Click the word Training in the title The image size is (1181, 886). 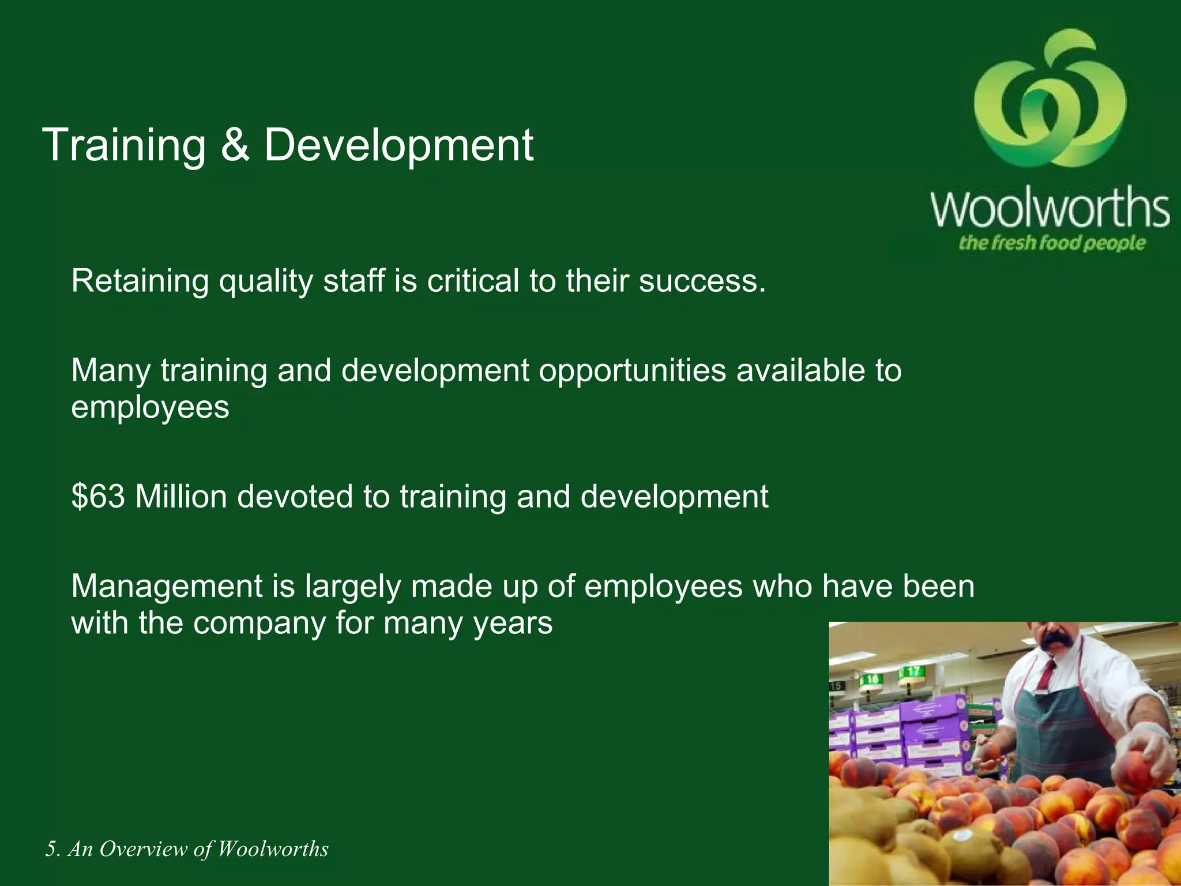pyautogui.click(x=124, y=145)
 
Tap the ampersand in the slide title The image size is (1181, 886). pyautogui.click(x=235, y=145)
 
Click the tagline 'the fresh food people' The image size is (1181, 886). pyautogui.click(x=1051, y=243)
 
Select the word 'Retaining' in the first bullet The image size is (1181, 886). pyautogui.click(x=140, y=281)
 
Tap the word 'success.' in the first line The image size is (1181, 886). pyautogui.click(x=702, y=281)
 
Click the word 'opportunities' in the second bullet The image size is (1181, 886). pyautogui.click(x=632, y=370)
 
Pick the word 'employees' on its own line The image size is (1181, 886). pyautogui.click(x=150, y=408)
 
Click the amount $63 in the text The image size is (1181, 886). pyautogui.click(x=98, y=496)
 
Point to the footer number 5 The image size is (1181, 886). pyautogui.click(x=52, y=849)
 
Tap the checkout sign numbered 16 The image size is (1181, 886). pyautogui.click(x=871, y=679)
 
